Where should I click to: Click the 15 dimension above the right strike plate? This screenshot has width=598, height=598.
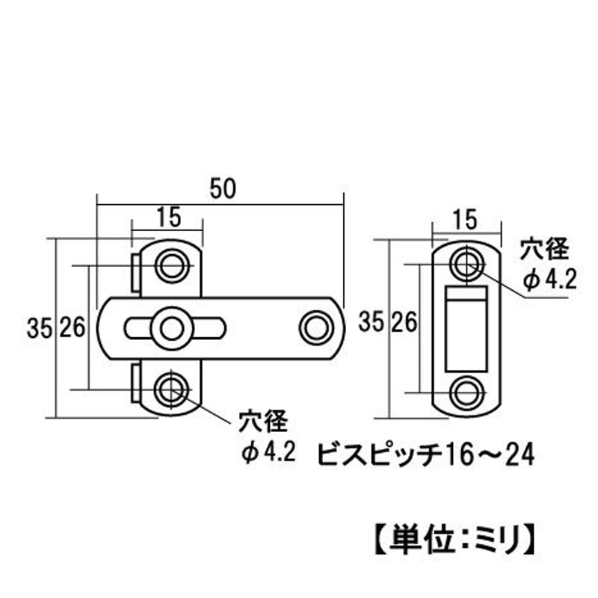(x=465, y=218)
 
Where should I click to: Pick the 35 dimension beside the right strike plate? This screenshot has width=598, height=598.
(x=367, y=322)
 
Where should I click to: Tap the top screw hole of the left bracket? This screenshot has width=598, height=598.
(x=173, y=265)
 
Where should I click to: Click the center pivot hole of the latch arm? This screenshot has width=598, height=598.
(x=173, y=327)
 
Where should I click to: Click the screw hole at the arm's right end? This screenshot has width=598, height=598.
(x=314, y=327)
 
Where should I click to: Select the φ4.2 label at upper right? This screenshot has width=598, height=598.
(x=549, y=280)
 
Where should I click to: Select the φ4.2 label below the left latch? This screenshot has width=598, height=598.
(x=265, y=451)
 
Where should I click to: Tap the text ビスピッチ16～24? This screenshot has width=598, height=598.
(x=425, y=453)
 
